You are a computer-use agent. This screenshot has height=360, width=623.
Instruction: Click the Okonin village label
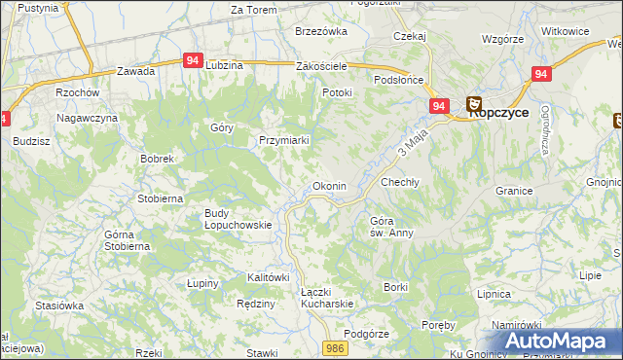pyautogui.click(x=327, y=186)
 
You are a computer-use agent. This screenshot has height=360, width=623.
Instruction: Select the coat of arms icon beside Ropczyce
pyautogui.click(x=474, y=103)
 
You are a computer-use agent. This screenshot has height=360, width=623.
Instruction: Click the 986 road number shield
pyautogui.click(x=336, y=347)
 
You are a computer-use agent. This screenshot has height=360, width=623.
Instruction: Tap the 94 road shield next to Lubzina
pyautogui.click(x=192, y=60)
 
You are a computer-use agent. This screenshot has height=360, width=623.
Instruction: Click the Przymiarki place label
pyautogui.click(x=283, y=140)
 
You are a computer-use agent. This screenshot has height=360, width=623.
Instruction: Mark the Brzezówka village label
pyautogui.click(x=321, y=31)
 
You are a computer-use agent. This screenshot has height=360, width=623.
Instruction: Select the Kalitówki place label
pyautogui.click(x=268, y=277)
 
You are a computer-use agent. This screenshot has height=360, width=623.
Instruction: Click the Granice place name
pyautogui.click(x=515, y=191)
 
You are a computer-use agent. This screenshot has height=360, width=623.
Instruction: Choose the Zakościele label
pyautogui.click(x=321, y=66)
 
